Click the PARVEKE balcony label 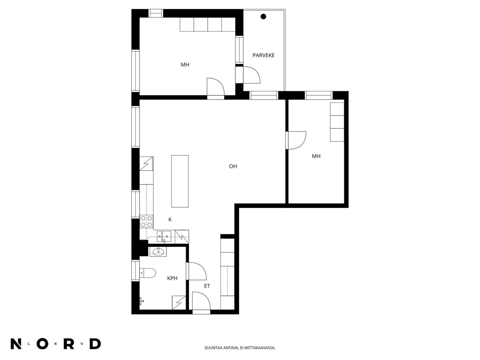click(x=263, y=55)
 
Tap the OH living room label click(x=233, y=166)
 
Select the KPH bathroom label click(x=172, y=278)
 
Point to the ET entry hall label click(x=207, y=286)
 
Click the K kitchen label click(x=170, y=220)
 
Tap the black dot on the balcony click(x=263, y=17)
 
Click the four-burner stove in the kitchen click(x=147, y=221)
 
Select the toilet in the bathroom click(x=148, y=273)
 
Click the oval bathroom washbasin click(x=158, y=252)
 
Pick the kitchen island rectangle click(x=180, y=181)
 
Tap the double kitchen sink click(x=164, y=236)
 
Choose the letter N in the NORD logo click(x=16, y=343)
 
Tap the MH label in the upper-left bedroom click(x=185, y=65)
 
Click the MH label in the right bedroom click(x=316, y=156)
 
